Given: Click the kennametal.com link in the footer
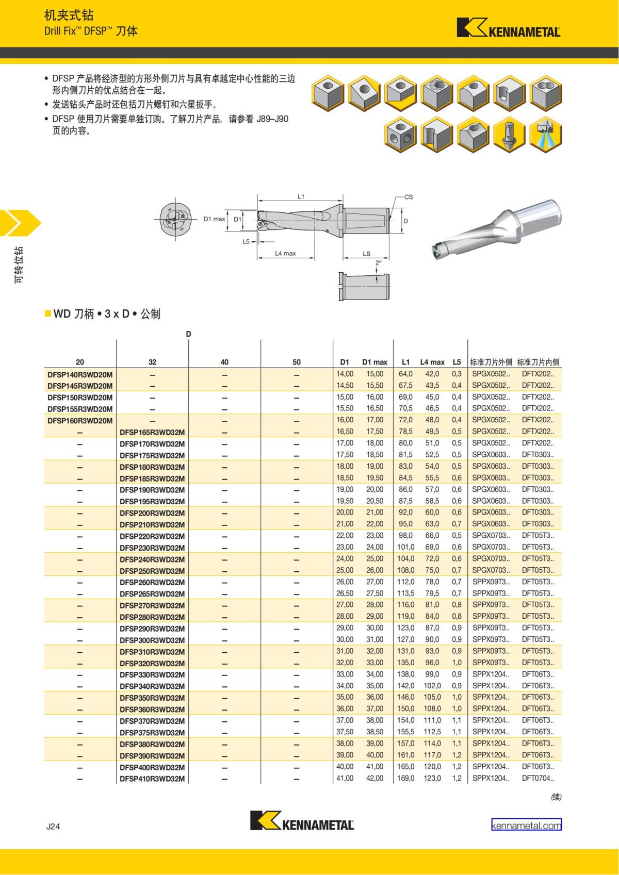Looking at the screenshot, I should [x=526, y=825].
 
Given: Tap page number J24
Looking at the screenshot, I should [x=53, y=827].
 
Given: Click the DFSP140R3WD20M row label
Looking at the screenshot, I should [x=80, y=374].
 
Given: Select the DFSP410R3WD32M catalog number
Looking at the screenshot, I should [x=152, y=779].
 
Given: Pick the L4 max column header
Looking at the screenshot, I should [x=432, y=362].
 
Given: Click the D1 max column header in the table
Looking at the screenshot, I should [x=374, y=362].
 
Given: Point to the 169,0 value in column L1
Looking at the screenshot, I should [x=405, y=778].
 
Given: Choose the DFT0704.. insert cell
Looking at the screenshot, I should [x=537, y=778].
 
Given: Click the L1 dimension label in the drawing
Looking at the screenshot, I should [x=301, y=196].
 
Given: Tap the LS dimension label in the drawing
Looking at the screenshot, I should [x=366, y=253].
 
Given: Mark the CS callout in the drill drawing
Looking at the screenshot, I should [x=408, y=197].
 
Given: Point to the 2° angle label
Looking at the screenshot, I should [x=378, y=263].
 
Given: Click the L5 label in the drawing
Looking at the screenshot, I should [x=246, y=241].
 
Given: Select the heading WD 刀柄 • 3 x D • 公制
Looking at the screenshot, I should [x=107, y=313].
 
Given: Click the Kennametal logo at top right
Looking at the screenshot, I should [x=508, y=28].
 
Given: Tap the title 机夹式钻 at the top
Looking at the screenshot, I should [x=69, y=15].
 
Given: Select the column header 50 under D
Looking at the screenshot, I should [x=297, y=362].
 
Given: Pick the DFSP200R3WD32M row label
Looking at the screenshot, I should [x=152, y=513].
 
